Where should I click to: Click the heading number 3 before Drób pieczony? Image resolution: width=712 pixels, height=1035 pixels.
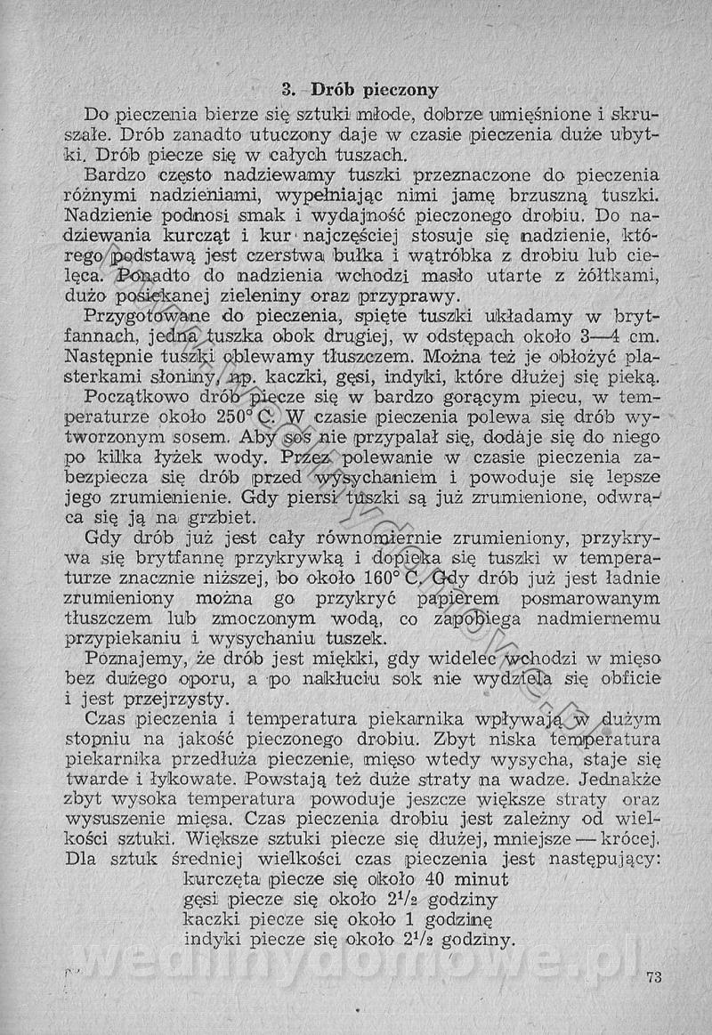pos(287,89)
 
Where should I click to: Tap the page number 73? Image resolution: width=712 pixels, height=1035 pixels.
pos(655,977)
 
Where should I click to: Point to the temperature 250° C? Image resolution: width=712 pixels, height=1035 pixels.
pos(255,416)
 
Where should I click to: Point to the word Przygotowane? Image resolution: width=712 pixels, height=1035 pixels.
pos(147,318)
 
